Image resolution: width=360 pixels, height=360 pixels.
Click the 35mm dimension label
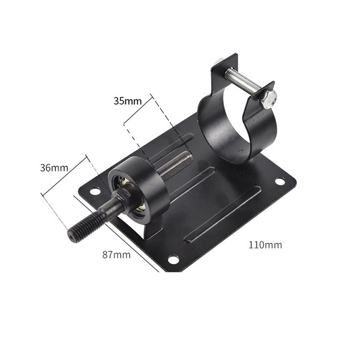[128, 101]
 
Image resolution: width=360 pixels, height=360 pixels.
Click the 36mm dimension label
[54, 168]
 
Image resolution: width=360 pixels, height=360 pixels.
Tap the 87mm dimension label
[116, 254]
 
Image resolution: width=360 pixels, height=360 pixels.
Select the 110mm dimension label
[265, 245]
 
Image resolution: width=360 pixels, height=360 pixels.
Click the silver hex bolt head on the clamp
[268, 99]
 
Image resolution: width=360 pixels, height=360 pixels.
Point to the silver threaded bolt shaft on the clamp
[244, 81]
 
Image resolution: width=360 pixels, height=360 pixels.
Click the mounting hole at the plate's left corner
[95, 191]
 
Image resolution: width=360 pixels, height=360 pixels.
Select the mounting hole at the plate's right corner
[280, 181]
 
